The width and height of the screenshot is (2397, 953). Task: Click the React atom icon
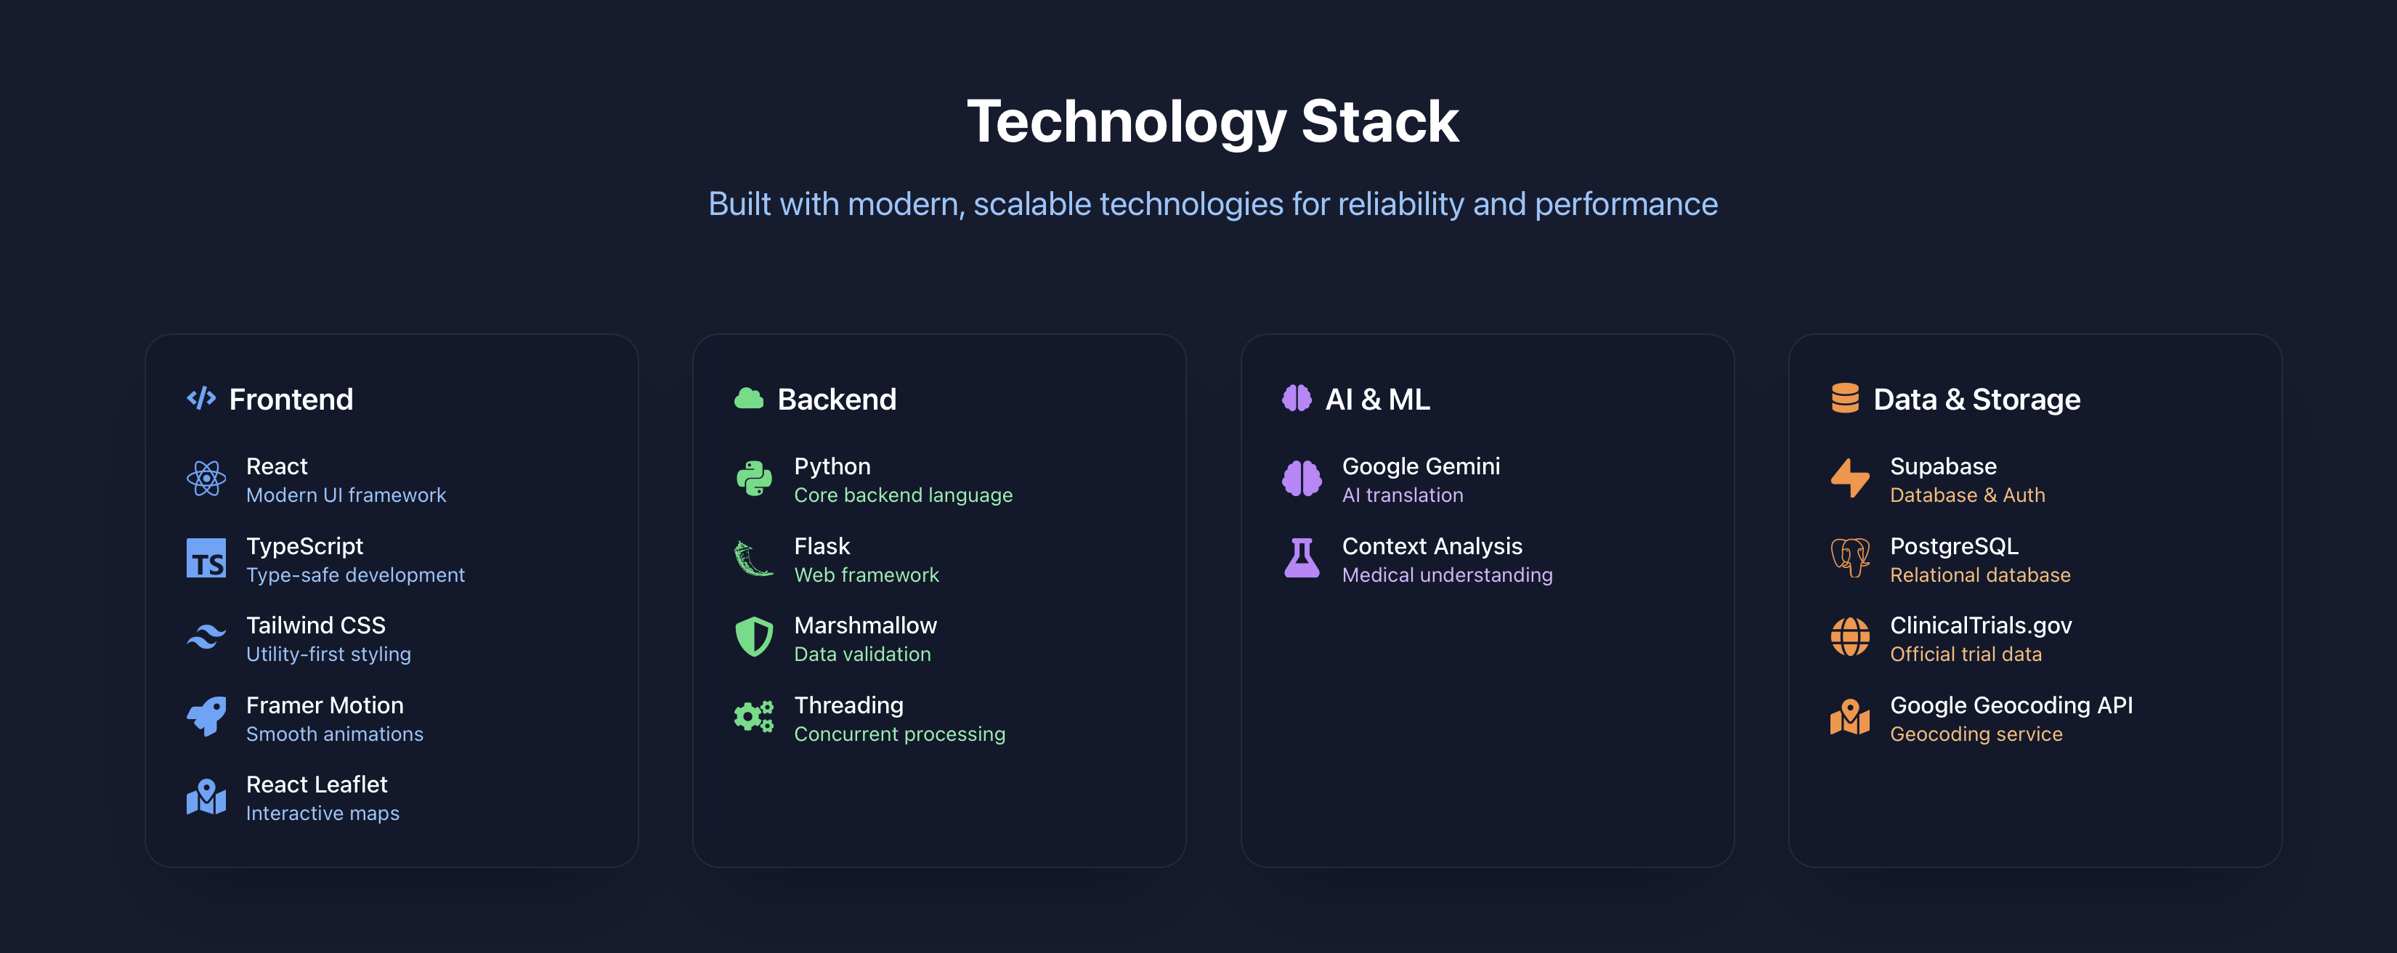tap(206, 479)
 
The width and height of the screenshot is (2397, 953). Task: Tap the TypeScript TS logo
tap(206, 559)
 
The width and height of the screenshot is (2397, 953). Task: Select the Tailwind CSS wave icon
tap(206, 638)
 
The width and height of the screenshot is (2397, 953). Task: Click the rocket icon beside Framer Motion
tap(206, 718)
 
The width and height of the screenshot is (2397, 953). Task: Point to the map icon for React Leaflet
tap(206, 798)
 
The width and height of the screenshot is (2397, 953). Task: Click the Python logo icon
tap(754, 479)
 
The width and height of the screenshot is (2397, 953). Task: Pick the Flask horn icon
tap(754, 559)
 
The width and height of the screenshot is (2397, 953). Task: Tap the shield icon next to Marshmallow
tap(754, 638)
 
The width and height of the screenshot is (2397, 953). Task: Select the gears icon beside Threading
tap(754, 718)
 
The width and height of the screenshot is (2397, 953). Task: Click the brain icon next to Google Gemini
tap(1302, 479)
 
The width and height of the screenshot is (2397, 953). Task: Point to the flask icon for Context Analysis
tap(1302, 559)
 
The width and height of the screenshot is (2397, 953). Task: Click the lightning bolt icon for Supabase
tap(1850, 479)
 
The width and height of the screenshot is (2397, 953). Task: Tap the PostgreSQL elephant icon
tap(1850, 559)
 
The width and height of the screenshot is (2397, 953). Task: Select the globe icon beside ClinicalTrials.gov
tap(1850, 638)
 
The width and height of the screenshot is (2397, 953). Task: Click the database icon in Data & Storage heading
tap(1844, 398)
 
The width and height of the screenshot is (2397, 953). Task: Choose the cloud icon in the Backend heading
tap(749, 398)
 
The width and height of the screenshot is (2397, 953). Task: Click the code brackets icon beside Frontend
tap(201, 398)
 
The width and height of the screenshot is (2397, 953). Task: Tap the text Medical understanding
tap(1447, 575)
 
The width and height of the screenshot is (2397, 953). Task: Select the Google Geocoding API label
tap(2011, 705)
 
